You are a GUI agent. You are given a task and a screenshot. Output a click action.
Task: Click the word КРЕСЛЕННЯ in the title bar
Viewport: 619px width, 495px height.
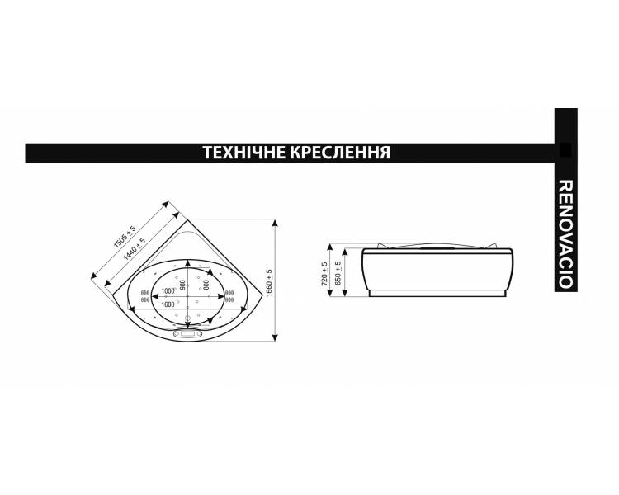click(341, 153)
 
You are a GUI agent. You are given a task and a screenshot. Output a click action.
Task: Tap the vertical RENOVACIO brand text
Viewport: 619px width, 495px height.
click(565, 234)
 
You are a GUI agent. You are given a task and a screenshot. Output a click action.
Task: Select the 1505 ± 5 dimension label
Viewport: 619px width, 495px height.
click(125, 237)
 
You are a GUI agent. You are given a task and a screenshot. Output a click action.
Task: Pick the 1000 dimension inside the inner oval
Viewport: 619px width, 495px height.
click(168, 291)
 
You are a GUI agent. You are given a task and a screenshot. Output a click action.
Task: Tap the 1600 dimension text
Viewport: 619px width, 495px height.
click(168, 304)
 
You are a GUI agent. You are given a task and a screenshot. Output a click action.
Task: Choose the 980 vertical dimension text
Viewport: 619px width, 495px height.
click(182, 285)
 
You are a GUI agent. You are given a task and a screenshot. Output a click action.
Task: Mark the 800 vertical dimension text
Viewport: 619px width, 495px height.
click(206, 284)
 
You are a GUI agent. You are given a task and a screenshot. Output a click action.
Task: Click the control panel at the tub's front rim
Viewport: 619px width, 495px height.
click(187, 334)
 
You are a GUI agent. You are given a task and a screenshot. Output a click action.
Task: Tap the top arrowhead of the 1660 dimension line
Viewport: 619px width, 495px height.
click(275, 224)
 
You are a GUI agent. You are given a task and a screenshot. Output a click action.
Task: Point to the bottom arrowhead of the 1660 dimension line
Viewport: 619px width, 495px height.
click(275, 337)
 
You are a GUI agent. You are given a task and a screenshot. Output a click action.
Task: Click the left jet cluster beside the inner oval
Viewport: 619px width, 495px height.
click(145, 296)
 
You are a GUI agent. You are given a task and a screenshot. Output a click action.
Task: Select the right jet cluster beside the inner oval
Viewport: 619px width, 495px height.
click(229, 296)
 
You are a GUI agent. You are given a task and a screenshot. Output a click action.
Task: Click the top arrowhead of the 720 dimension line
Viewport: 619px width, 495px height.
click(330, 247)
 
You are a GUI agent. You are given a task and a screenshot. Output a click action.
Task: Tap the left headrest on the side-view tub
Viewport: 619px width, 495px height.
click(383, 246)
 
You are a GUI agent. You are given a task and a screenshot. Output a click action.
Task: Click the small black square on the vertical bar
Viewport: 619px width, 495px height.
click(565, 149)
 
